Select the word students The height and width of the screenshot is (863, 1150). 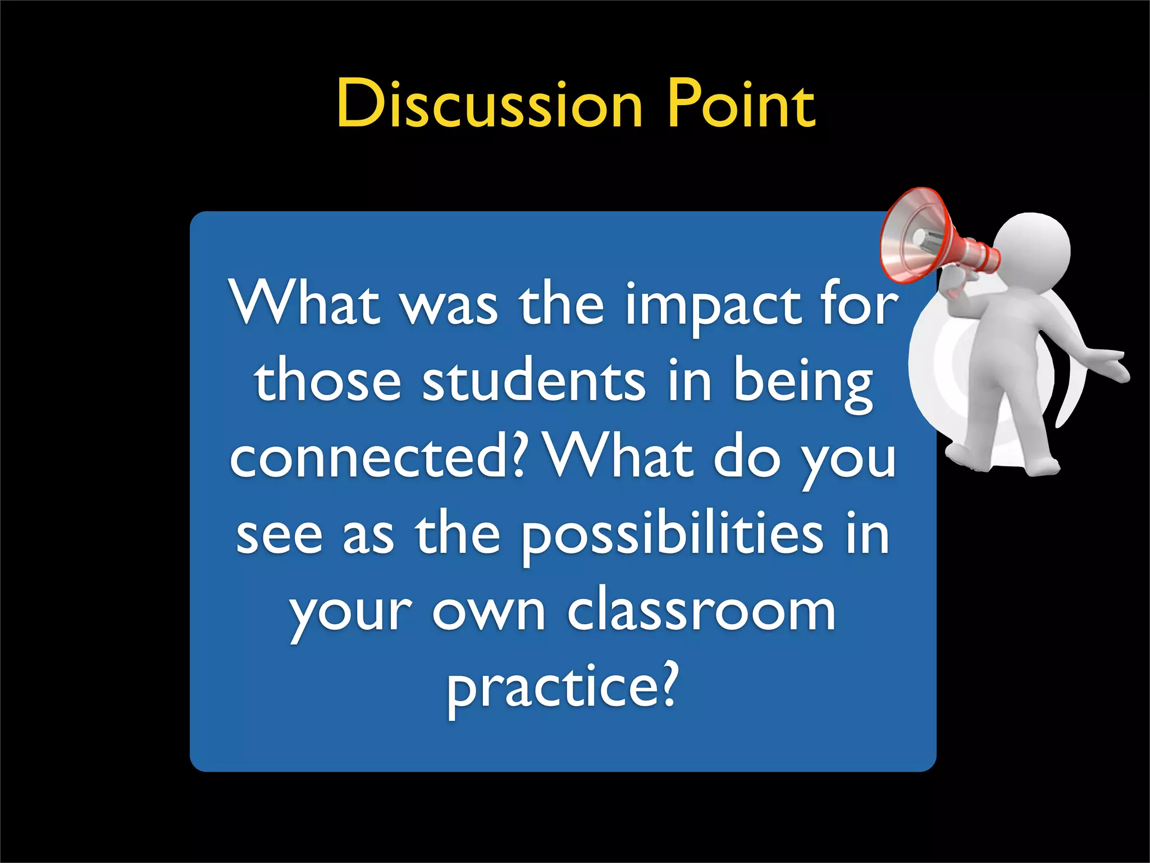[x=533, y=382]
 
